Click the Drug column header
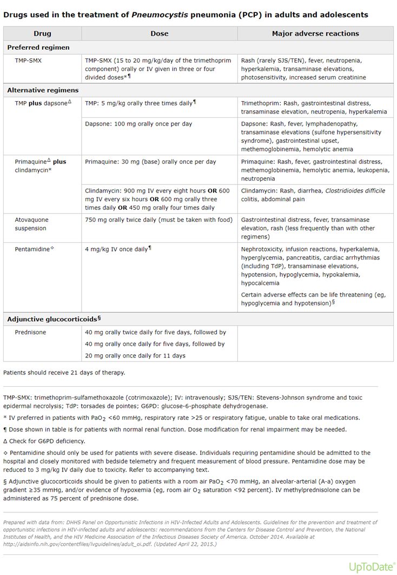point(42,34)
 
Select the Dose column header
point(159,34)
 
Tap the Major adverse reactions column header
point(315,34)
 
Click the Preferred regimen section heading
point(38,48)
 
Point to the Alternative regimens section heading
point(43,90)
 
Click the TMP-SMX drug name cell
point(28,61)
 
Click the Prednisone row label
point(30,332)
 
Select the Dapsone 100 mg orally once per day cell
point(138,124)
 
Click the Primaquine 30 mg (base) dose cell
point(150,162)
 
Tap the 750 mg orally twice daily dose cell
point(158,220)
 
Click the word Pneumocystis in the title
point(159,15)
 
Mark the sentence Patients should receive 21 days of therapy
point(64,372)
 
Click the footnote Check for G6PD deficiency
point(45,441)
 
